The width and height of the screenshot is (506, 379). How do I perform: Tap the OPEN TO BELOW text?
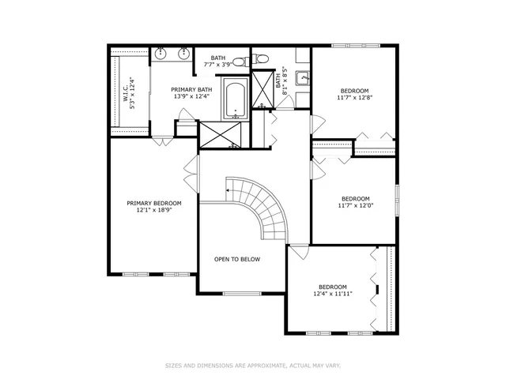[x=237, y=259]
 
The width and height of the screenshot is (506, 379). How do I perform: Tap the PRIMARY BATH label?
[x=192, y=90]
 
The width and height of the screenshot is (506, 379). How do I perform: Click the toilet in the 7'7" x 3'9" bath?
[x=262, y=57]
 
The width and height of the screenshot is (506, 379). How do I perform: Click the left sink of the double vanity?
[x=161, y=54]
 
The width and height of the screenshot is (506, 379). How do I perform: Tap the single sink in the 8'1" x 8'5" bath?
[x=301, y=77]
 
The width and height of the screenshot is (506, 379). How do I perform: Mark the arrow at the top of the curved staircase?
[x=228, y=189]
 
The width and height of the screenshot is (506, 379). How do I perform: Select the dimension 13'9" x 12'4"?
[x=192, y=98]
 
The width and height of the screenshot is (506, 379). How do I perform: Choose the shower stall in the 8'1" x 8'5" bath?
[x=262, y=89]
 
